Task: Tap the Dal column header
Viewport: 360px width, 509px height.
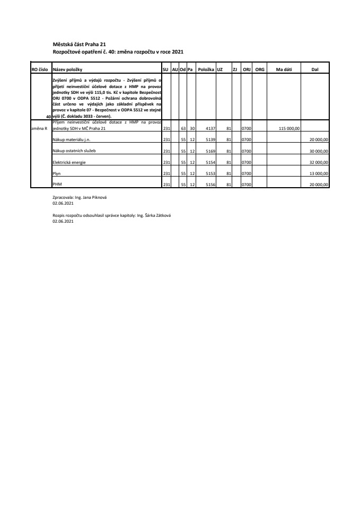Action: [x=314, y=69]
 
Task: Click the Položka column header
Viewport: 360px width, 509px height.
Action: [x=205, y=69]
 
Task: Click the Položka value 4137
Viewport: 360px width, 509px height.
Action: [x=209, y=128]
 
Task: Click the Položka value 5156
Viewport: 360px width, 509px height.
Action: [x=209, y=185]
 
